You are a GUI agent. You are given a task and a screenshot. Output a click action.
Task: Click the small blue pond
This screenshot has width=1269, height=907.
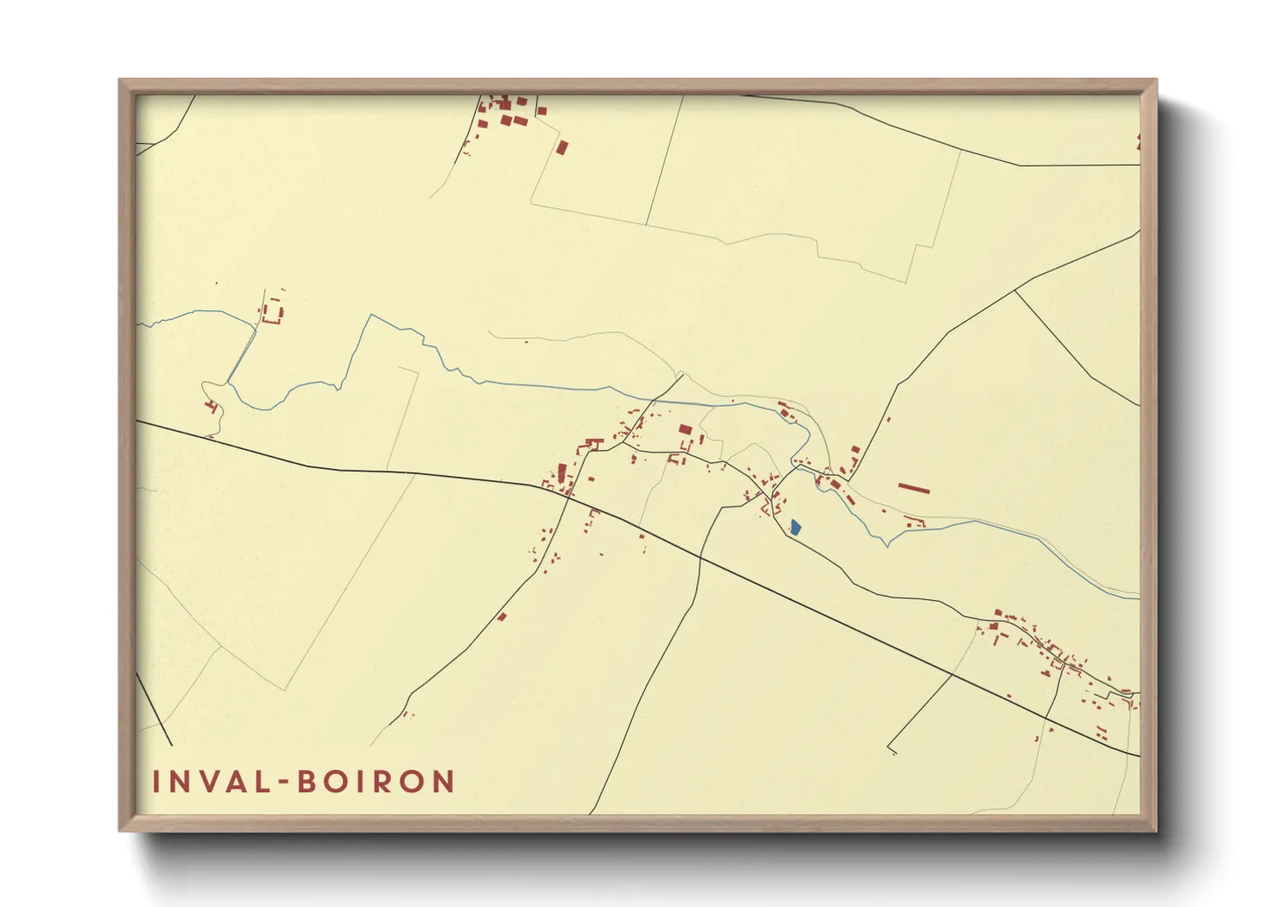[795, 527]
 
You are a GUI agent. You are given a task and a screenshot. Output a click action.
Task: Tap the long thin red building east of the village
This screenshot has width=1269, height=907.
[914, 489]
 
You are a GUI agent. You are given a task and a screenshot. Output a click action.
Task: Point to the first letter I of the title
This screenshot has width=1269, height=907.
[157, 782]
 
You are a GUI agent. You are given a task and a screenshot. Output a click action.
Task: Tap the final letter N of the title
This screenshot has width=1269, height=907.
[443, 782]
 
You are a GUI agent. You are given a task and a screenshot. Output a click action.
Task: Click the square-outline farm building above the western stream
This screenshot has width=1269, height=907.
[273, 311]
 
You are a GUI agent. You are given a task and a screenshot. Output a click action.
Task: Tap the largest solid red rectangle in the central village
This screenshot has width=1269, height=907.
[685, 429]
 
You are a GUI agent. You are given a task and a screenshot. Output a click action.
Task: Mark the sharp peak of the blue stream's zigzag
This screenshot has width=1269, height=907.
[371, 315]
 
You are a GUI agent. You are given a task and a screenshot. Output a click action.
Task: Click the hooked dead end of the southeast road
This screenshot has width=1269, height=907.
[891, 750]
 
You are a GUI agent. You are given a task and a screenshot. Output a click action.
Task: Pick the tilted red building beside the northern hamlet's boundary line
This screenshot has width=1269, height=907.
[562, 147]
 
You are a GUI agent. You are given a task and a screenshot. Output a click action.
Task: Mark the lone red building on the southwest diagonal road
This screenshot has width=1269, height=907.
[502, 616]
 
